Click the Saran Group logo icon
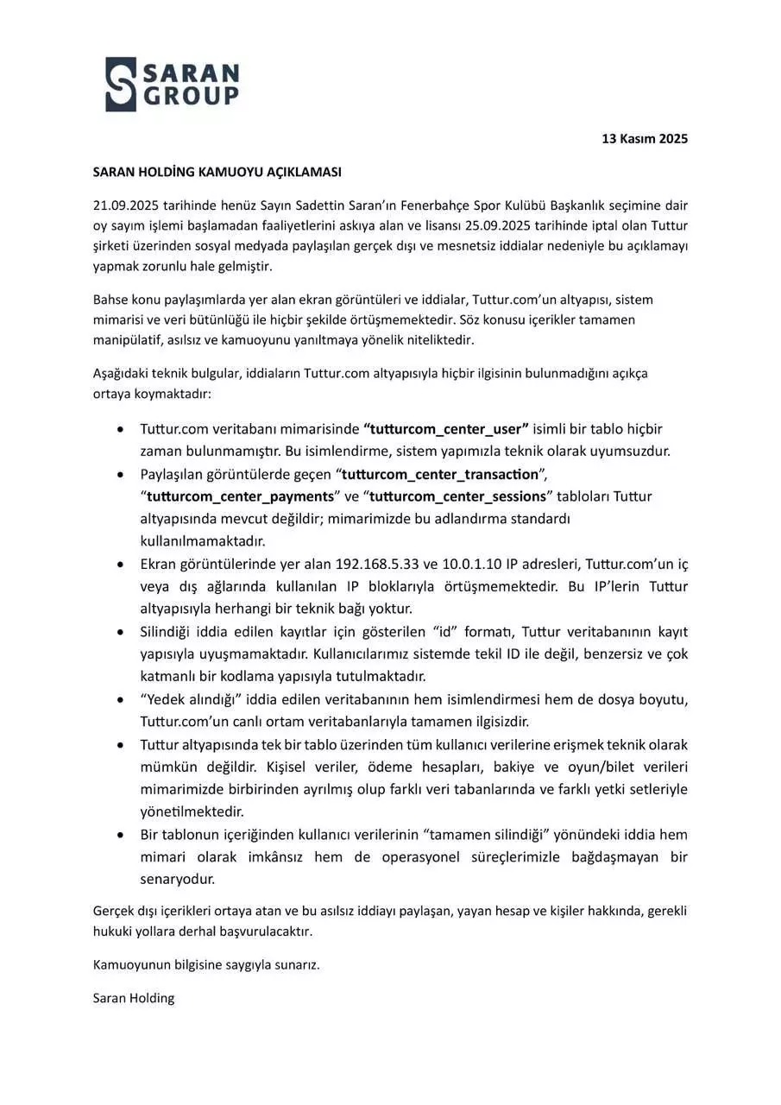(x=121, y=85)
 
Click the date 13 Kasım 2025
(x=645, y=139)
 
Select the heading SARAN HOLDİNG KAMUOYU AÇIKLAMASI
(x=217, y=172)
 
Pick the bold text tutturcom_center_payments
(x=241, y=496)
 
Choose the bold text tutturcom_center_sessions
(x=458, y=496)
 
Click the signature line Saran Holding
(x=134, y=998)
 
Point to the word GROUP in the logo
(x=192, y=96)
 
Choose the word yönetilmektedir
(x=192, y=811)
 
